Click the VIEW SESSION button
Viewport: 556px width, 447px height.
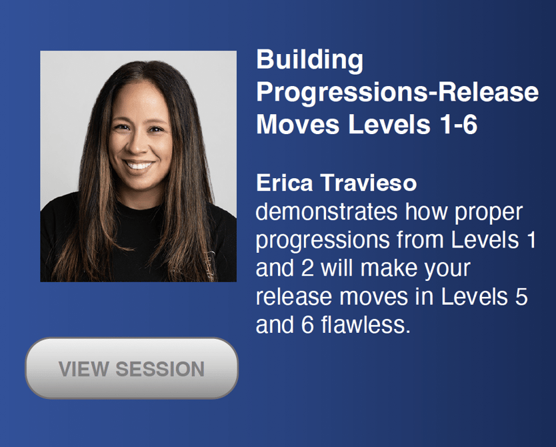pyautogui.click(x=131, y=368)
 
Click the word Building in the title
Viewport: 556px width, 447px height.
pyautogui.click(x=309, y=60)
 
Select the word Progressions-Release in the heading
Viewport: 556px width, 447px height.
pyautogui.click(x=397, y=92)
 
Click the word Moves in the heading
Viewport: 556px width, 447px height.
pyautogui.click(x=298, y=125)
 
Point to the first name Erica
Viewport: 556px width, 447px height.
pyautogui.click(x=285, y=183)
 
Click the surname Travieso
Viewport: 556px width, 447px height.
pyautogui.click(x=369, y=183)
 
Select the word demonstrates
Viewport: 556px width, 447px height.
pyautogui.click(x=327, y=211)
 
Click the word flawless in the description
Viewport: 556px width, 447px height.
pyautogui.click(x=365, y=325)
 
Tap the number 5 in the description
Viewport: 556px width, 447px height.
pyautogui.click(x=521, y=297)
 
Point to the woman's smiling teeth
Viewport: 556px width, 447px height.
pyautogui.click(x=139, y=165)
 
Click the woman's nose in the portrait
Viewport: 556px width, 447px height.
pyautogui.click(x=137, y=143)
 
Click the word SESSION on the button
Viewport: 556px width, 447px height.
pyautogui.click(x=160, y=369)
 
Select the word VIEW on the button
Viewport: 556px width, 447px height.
pyautogui.click(x=84, y=369)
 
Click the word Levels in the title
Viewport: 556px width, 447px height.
pyautogui.click(x=389, y=125)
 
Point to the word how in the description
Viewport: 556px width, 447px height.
pyautogui.click(x=426, y=211)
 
